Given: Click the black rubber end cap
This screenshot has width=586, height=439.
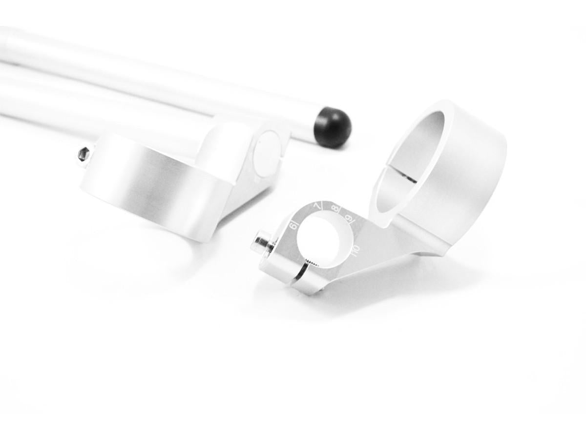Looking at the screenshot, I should point(332,126).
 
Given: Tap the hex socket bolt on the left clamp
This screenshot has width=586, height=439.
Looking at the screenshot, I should point(84,154).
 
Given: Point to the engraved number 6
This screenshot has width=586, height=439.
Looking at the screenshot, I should point(293,226).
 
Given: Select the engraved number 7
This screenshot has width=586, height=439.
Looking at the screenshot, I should point(318,207).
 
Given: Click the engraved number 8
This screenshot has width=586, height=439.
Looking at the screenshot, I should point(335,209).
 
